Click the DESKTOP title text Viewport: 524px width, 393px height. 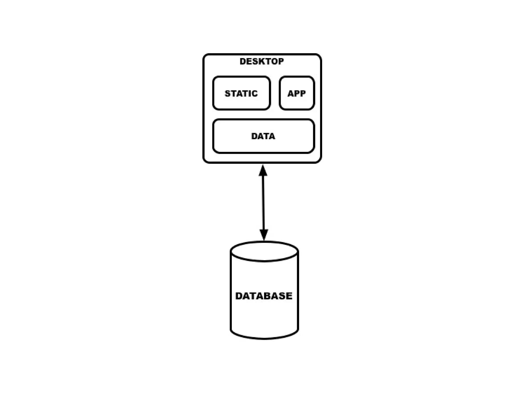(261, 61)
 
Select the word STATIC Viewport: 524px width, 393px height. (241, 93)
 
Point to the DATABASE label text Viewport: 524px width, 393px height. (264, 296)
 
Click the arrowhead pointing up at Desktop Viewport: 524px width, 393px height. (263, 171)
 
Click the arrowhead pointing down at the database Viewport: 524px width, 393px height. (264, 234)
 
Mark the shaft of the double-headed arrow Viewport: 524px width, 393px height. (263, 202)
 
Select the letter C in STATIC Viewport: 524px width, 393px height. (254, 93)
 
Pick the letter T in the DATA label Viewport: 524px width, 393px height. (266, 136)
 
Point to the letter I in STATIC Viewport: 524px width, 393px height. (249, 93)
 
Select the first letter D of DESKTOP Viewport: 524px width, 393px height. (243, 61)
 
